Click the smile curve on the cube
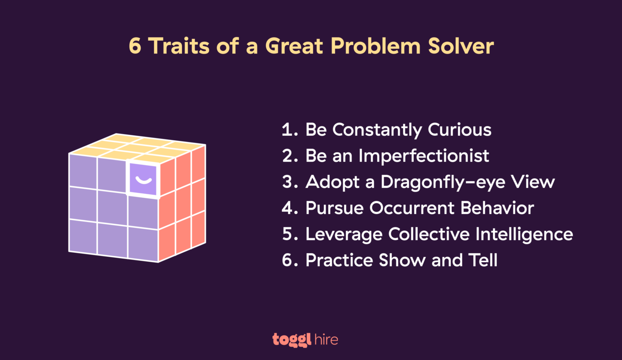(143, 180)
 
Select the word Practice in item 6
(338, 260)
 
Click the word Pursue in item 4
(331, 208)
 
